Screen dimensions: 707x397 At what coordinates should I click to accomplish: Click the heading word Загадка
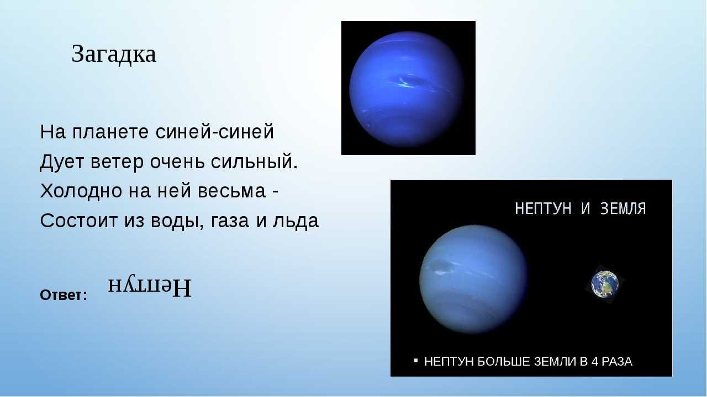(114, 54)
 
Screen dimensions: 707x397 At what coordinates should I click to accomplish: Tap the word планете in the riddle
(110, 132)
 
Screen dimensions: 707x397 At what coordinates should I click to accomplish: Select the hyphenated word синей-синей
(215, 132)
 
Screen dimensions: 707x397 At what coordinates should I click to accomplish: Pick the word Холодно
(81, 191)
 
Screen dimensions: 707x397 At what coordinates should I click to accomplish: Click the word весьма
(231, 191)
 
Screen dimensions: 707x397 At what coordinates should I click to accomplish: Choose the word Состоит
(78, 221)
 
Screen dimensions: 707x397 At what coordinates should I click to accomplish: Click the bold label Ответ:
(64, 295)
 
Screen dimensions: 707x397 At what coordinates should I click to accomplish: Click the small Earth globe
(605, 284)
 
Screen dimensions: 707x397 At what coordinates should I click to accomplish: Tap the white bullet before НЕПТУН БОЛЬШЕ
(416, 360)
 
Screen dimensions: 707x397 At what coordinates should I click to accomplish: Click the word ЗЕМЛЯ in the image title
(623, 208)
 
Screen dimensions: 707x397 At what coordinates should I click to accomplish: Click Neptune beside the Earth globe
(473, 279)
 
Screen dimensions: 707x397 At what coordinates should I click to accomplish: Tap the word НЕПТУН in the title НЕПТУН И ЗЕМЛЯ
(543, 208)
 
